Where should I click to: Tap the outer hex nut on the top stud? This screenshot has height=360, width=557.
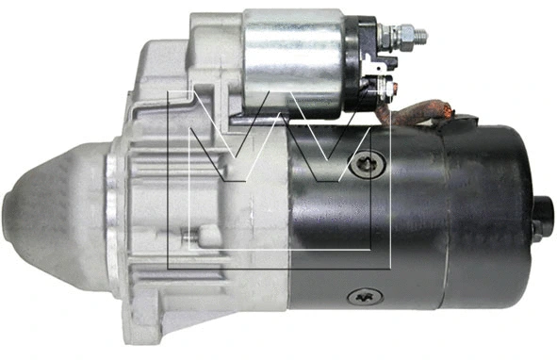[406, 35]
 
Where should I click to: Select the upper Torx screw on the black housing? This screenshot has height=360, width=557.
[368, 164]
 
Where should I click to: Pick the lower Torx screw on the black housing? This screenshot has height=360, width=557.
[365, 296]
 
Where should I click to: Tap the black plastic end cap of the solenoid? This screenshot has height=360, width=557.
[359, 64]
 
